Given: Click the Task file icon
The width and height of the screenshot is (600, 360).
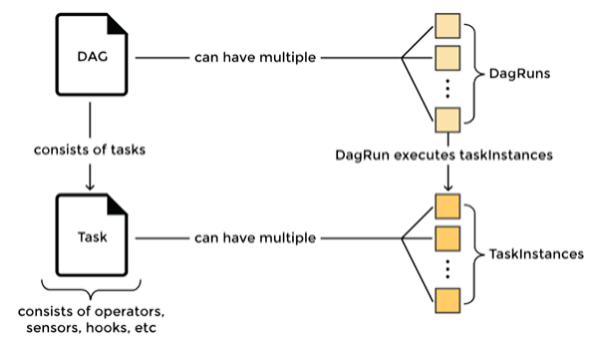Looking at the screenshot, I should (90, 240).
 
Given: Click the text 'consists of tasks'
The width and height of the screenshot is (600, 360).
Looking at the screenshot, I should (90, 150).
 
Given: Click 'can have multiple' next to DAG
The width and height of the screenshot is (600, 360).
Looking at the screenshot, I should (255, 58).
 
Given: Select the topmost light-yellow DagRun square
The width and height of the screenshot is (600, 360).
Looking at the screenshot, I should (447, 24).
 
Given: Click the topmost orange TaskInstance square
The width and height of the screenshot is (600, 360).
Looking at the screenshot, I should (447, 206).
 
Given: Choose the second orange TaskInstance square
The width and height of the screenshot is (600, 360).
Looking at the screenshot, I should (447, 236).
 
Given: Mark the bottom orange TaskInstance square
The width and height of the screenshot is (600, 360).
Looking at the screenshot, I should (447, 299).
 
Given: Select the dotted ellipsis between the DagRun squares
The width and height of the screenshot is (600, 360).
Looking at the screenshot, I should (447, 89).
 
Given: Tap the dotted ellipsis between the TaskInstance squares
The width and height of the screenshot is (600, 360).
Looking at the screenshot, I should (447, 268).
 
